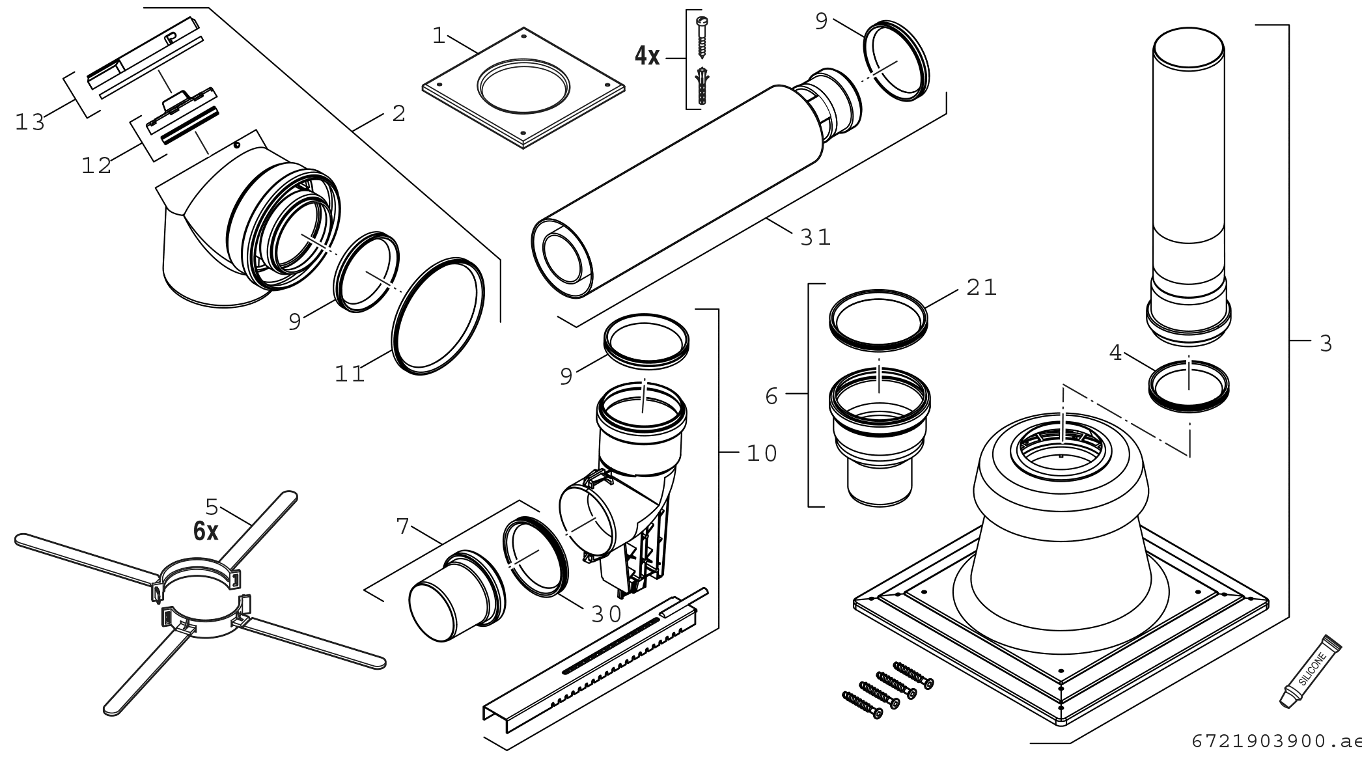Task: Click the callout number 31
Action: click(x=815, y=237)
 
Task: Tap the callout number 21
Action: click(x=981, y=287)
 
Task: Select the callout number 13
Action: click(x=30, y=122)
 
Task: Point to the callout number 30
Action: click(x=605, y=614)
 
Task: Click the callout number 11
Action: click(x=350, y=374)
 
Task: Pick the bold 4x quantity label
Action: click(x=647, y=57)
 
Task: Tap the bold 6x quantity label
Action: click(x=206, y=532)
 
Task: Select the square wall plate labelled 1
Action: click(x=523, y=87)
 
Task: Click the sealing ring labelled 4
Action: click(x=1189, y=386)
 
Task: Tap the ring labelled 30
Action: click(x=535, y=557)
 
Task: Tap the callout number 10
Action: click(x=761, y=454)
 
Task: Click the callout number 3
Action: click(x=1326, y=343)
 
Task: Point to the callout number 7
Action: click(x=403, y=526)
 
